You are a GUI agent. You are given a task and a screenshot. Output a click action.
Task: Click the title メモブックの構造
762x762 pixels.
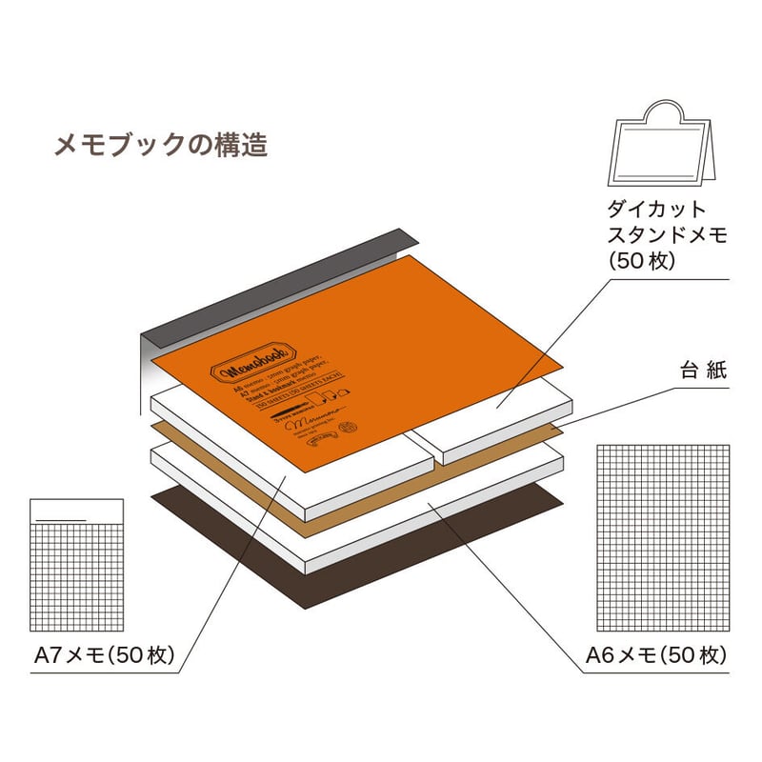tap(161, 146)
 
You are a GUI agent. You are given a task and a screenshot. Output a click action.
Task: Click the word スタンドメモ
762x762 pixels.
tap(666, 234)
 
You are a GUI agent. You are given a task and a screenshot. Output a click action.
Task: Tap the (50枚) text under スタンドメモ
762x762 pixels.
tap(641, 260)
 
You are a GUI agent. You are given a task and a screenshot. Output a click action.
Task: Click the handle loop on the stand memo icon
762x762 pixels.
tap(667, 115)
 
